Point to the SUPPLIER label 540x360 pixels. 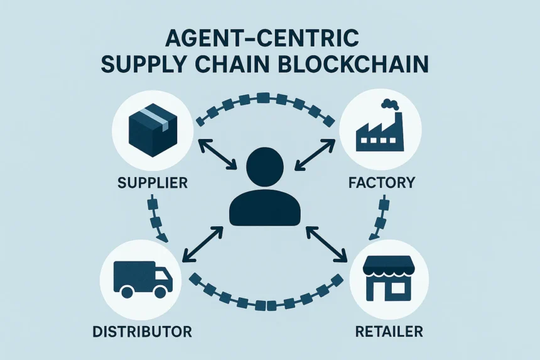pos(152,183)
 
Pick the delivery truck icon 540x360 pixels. pos(143,279)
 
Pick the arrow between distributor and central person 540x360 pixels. pos(203,244)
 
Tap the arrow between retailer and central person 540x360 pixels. pos(327,243)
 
